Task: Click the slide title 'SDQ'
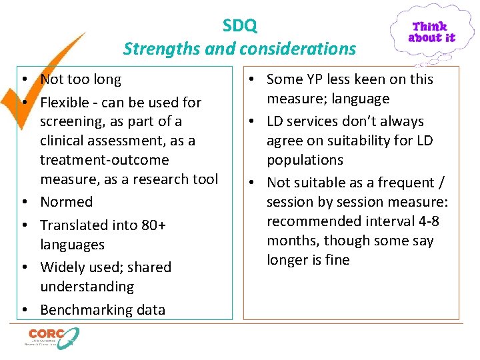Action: [x=240, y=26]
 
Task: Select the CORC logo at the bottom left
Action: [x=52, y=337]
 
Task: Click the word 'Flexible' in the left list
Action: [x=65, y=103]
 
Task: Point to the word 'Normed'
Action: [x=67, y=202]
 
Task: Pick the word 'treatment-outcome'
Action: [x=105, y=160]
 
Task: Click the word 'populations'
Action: [x=305, y=160]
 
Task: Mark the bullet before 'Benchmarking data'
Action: [x=23, y=310]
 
